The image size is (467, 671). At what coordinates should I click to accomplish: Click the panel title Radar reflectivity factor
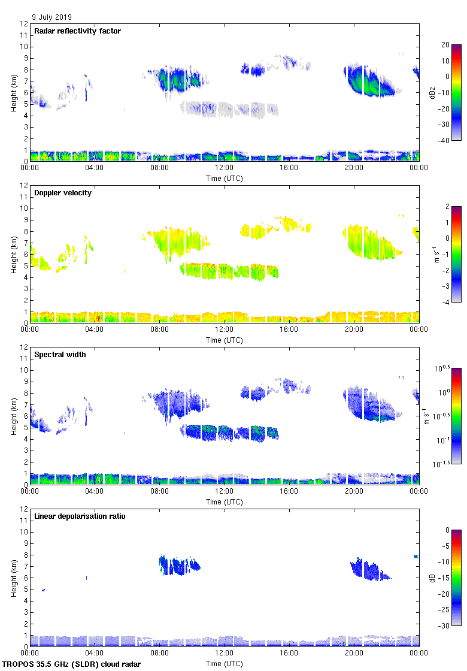click(x=77, y=31)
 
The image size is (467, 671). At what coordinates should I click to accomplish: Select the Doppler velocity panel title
click(x=63, y=193)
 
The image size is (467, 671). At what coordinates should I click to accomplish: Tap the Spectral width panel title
click(x=60, y=355)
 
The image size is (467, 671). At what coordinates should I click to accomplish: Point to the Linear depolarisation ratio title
click(x=80, y=516)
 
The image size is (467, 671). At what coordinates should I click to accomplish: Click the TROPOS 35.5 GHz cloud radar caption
click(x=72, y=664)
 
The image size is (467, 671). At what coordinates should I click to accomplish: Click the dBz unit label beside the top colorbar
click(x=432, y=92)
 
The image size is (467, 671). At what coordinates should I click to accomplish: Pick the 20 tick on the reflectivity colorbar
click(x=445, y=45)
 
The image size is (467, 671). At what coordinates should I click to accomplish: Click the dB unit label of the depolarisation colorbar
click(x=432, y=578)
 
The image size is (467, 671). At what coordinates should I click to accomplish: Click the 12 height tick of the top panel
click(x=25, y=24)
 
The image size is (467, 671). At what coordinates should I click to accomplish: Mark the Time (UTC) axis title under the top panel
click(x=225, y=179)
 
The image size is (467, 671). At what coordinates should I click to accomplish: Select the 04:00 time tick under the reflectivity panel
click(x=95, y=168)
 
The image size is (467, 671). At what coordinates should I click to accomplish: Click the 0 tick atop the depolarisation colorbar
click(x=447, y=530)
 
